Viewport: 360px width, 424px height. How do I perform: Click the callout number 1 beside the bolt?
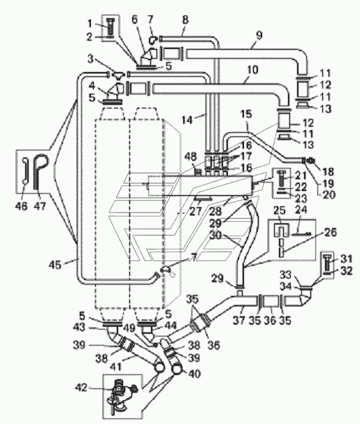tap(89, 24)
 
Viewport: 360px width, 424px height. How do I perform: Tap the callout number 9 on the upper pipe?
tap(259, 36)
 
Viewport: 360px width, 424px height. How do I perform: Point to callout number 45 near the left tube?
tap(55, 264)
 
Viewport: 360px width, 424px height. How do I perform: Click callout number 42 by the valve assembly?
tap(81, 388)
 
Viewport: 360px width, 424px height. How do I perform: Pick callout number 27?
tap(196, 211)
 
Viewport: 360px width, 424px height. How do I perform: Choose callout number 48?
tap(192, 156)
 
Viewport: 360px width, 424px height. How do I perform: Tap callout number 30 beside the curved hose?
tap(215, 235)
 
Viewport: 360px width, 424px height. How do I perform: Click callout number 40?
tap(194, 374)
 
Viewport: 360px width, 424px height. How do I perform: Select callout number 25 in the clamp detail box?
tap(281, 210)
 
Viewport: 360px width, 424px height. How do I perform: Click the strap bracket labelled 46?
tap(24, 171)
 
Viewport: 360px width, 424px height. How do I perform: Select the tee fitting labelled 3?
tap(117, 75)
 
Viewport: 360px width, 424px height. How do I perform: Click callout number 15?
tap(245, 114)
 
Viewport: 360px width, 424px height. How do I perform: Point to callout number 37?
tap(240, 320)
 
